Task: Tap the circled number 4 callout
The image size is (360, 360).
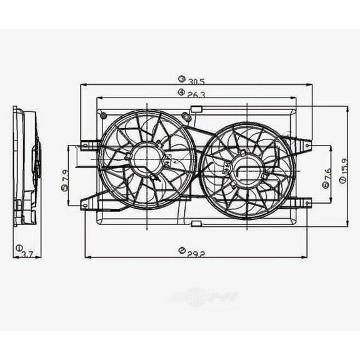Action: tap(181, 92)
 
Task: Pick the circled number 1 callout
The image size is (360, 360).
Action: tap(19, 247)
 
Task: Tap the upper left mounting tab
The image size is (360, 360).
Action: tap(89, 146)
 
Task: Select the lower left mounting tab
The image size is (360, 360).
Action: tap(89, 201)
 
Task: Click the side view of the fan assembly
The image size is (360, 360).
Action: tap(26, 166)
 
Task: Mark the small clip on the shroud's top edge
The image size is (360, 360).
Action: tap(196, 109)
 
